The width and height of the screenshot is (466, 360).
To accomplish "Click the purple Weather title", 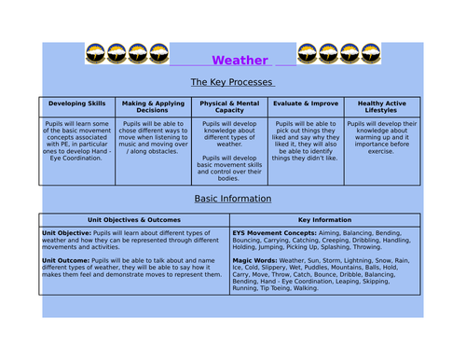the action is pyautogui.click(x=240, y=61).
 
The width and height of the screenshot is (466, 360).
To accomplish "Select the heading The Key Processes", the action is pyautogui.click(x=232, y=82).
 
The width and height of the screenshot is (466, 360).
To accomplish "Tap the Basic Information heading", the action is pyautogui.click(x=232, y=199).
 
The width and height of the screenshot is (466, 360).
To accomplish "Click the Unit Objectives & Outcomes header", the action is pyautogui.click(x=134, y=219).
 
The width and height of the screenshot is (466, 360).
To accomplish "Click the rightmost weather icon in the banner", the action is pyautogui.click(x=371, y=53).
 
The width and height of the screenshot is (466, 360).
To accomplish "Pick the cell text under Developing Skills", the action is pyautogui.click(x=77, y=140).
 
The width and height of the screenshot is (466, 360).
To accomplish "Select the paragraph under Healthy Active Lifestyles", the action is pyautogui.click(x=382, y=136).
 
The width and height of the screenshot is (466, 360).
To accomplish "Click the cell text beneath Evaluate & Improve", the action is pyautogui.click(x=306, y=140).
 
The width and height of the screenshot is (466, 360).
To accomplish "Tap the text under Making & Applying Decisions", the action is pyautogui.click(x=152, y=136).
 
